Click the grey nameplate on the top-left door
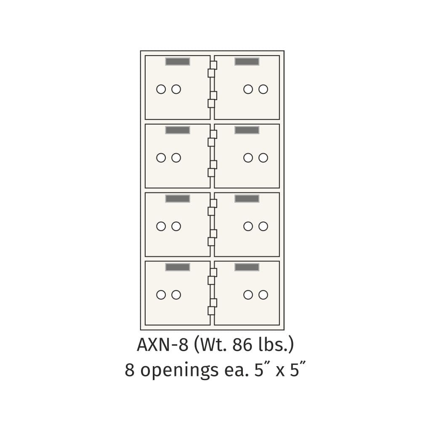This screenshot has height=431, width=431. tap(178, 61)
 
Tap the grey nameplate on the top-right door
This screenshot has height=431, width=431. tap(247, 61)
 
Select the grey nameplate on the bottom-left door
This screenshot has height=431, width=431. tap(178, 267)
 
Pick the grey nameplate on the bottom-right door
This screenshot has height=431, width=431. tap(247, 267)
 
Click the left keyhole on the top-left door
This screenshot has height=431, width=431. tap(161, 89)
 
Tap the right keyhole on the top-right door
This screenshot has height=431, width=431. tap(263, 89)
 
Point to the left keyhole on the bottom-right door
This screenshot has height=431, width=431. tap(248, 295)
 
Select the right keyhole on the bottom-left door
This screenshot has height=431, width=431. tap(176, 295)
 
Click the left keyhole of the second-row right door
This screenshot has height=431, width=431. tap(248, 158)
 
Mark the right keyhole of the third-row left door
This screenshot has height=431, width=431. tap(176, 226)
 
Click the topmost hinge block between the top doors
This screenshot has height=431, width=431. tap(213, 65)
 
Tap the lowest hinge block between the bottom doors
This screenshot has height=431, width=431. tap(211, 311)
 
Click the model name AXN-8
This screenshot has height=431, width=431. tap(162, 345)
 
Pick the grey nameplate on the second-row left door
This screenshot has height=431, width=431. tap(178, 130)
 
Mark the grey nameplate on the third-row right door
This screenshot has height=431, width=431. tap(247, 199)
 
